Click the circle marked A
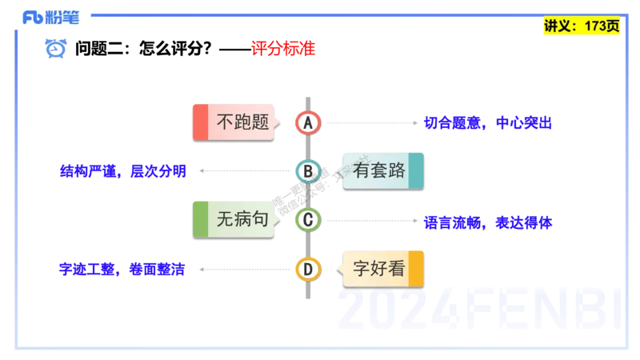pos(307,122)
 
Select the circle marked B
pos(307,171)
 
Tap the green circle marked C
pos(307,219)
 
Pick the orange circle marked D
pos(307,269)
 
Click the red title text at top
pos(283,49)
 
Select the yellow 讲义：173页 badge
pos(582,26)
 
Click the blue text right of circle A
pos(488,123)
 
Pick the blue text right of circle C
pos(488,222)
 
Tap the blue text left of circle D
pos(122,270)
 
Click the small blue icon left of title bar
pos(56,50)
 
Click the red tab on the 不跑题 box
pos(200,122)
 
